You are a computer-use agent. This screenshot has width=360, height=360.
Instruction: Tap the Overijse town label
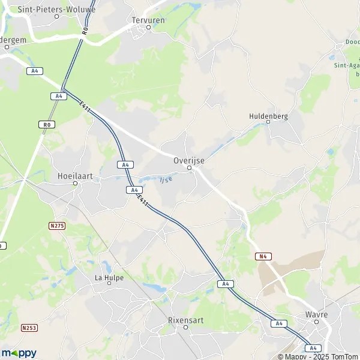coord(189,161)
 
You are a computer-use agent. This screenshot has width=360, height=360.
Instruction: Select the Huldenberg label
coord(268,115)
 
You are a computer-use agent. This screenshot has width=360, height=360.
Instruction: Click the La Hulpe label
coord(108,277)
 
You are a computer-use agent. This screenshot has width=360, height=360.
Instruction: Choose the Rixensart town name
coord(186,320)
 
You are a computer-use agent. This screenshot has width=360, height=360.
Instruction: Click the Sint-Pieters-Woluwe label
coord(57,10)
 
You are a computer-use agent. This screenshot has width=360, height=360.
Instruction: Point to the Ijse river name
coord(166,179)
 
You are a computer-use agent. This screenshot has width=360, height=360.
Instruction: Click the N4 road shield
coord(262,256)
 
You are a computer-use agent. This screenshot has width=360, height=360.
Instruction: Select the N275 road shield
coord(56,225)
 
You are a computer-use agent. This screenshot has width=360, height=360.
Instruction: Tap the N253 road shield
coord(28,328)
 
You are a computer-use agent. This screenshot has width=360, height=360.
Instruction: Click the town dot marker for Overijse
coord(190,168)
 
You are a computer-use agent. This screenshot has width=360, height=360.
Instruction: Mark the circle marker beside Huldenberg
coord(268,122)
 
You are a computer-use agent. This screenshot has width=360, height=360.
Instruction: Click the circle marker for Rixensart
coord(186,327)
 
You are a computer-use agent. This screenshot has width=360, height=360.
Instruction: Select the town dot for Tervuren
coord(148,26)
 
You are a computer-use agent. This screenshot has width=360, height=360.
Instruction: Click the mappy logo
coord(19,353)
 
